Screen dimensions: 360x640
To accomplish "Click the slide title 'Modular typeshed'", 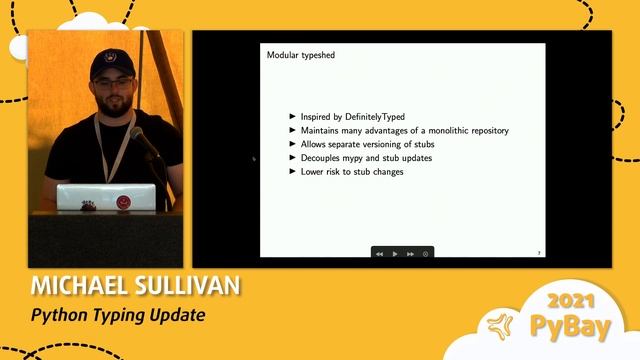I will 300,55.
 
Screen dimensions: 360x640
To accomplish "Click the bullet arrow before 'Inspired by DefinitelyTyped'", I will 292,117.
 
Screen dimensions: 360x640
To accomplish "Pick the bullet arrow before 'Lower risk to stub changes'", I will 292,172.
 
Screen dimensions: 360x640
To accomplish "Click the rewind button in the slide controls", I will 380,254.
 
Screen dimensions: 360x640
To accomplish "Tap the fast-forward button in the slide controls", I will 411,254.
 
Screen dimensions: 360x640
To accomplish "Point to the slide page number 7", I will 539,253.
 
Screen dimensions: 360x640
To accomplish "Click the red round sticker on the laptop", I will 124,200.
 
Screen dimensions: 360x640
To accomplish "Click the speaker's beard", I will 113,103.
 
